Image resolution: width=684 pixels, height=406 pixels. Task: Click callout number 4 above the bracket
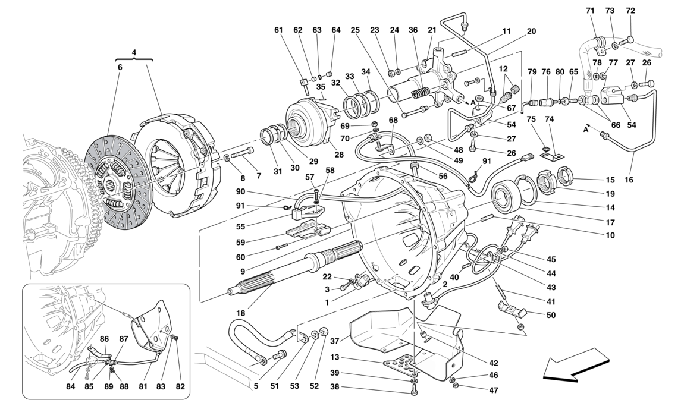(134, 52)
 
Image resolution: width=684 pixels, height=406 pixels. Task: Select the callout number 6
(120, 68)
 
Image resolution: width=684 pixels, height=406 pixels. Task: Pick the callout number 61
(278, 30)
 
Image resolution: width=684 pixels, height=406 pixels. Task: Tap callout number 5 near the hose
(256, 385)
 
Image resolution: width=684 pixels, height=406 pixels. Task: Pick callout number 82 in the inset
(179, 386)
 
